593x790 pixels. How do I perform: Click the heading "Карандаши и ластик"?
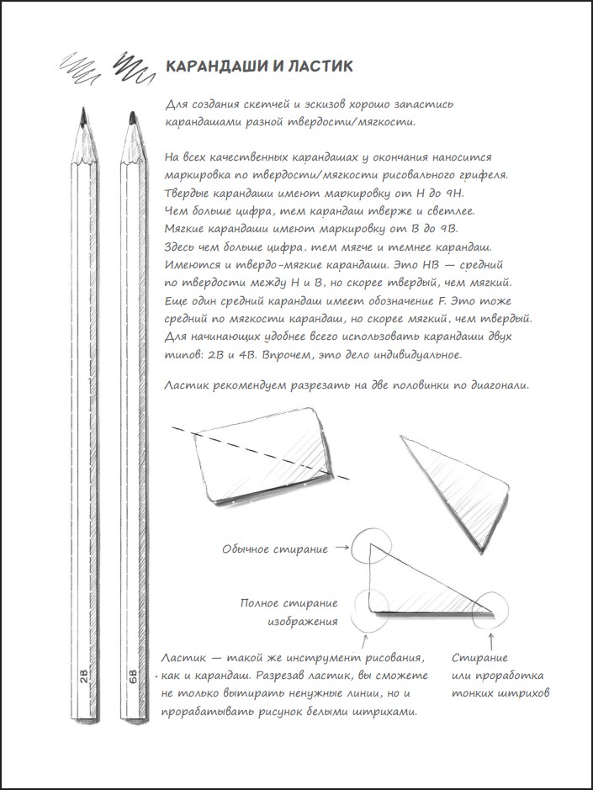click(x=259, y=66)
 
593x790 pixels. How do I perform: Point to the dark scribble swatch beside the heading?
click(x=133, y=66)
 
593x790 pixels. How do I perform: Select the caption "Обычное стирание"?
click(x=275, y=549)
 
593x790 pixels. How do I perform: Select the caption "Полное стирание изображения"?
click(x=289, y=612)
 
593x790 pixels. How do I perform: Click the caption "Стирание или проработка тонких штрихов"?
click(x=499, y=676)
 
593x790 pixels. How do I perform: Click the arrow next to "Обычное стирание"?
click(x=342, y=549)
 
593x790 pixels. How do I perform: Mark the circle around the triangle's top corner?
click(x=369, y=546)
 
